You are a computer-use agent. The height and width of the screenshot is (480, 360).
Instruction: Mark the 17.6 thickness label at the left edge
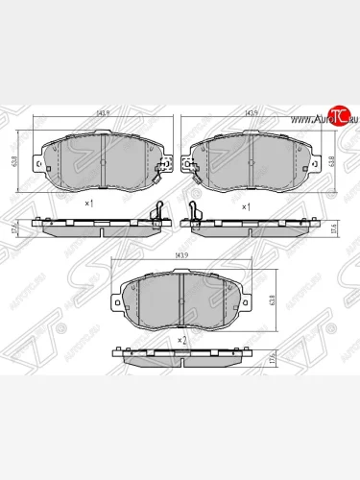[x=13, y=228]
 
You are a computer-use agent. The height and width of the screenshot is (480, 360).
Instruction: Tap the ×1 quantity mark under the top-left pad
[x=88, y=204]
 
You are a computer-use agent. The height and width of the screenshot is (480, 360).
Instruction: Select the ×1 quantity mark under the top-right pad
[x=245, y=204]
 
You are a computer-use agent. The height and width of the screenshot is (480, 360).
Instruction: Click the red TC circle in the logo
[x=335, y=117]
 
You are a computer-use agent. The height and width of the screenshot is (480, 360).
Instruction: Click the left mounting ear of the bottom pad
[x=119, y=301]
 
